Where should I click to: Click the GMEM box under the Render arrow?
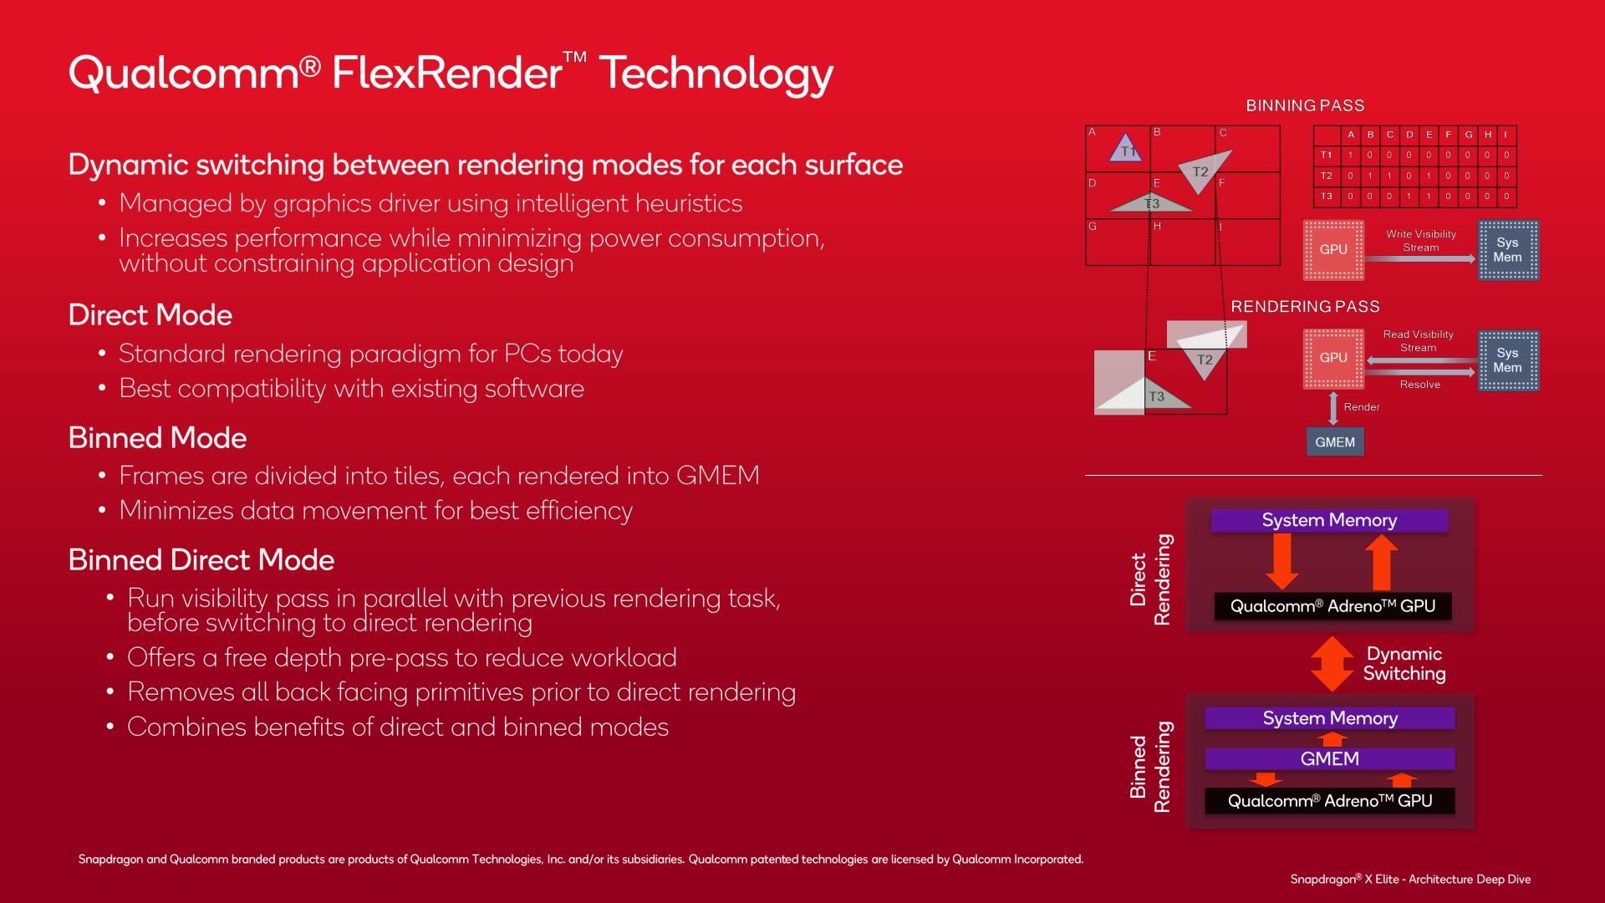coord(1335,441)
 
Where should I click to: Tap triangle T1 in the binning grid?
coord(1125,148)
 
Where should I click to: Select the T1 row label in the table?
coord(1327,155)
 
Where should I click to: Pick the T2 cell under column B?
coord(1370,176)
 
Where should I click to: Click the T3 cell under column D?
coord(1409,196)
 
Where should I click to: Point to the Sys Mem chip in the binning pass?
coord(1508,250)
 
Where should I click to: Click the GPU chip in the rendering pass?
coord(1333,358)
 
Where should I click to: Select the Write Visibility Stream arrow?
coord(1420,259)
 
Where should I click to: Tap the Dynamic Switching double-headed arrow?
coord(1332,664)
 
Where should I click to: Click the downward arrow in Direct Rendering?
coord(1281,561)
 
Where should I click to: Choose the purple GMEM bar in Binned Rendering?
coord(1330,759)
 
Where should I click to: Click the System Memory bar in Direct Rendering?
coord(1329,520)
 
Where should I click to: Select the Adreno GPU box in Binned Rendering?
coord(1330,801)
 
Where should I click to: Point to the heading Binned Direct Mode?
coord(201,560)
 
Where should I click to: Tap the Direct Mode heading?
coord(150,315)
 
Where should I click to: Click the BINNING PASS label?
coord(1305,105)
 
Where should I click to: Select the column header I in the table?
coord(1506,135)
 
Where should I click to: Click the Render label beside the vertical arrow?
coord(1362,407)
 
